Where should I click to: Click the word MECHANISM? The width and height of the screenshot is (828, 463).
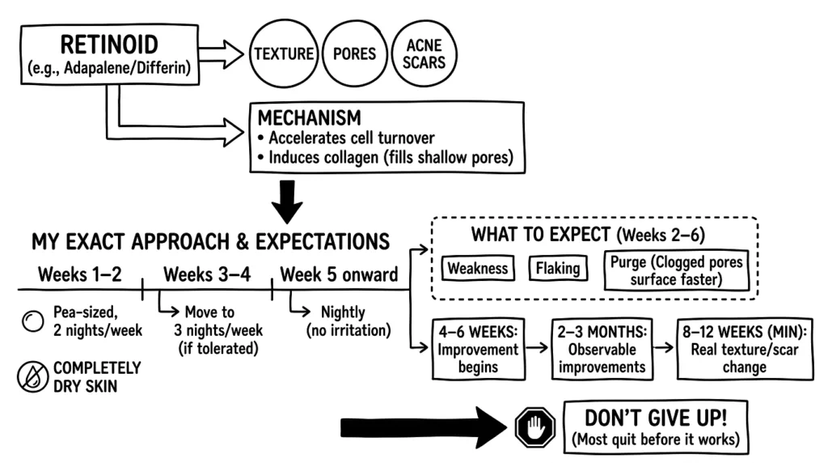click(310, 117)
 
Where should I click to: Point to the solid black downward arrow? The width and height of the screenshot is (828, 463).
click(287, 202)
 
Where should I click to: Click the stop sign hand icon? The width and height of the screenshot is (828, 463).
click(535, 427)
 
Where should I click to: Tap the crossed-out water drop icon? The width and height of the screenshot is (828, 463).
click(32, 377)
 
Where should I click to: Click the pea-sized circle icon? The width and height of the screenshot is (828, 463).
click(32, 321)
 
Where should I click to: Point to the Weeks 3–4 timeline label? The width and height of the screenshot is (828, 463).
click(207, 274)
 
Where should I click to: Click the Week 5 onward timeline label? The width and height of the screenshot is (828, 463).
click(339, 274)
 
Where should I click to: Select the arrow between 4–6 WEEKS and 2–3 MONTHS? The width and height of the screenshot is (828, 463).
click(538, 347)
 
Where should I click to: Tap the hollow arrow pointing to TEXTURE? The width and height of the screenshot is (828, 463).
click(221, 54)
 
